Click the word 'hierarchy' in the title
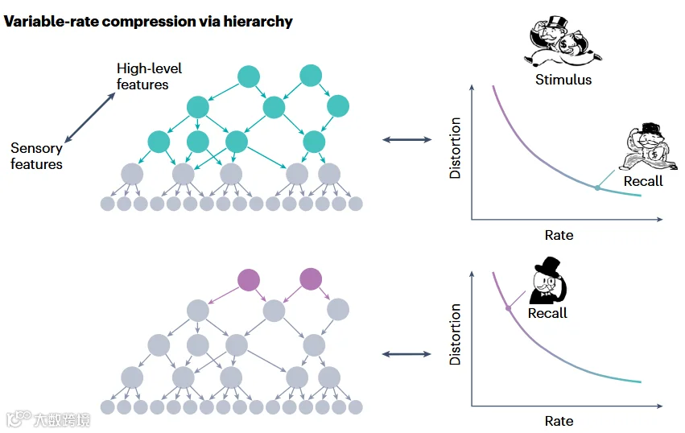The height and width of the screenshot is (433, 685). [x=258, y=22]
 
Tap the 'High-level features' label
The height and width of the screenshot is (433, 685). [x=149, y=76]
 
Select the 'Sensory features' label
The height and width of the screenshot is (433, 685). [x=37, y=156]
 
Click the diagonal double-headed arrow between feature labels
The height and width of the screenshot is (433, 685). [x=90, y=118]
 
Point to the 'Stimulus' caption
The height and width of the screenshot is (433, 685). [x=563, y=80]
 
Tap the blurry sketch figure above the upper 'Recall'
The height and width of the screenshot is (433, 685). [x=648, y=147]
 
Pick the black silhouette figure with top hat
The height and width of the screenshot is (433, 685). [x=548, y=281]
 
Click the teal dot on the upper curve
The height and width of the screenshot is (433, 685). [x=597, y=188]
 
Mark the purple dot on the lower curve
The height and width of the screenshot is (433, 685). [x=508, y=308]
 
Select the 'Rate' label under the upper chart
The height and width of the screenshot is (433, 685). [x=559, y=235]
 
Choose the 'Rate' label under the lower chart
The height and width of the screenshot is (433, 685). [x=559, y=421]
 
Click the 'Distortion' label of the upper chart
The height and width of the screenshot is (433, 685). [x=456, y=148]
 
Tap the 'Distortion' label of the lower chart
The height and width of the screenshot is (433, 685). [x=456, y=334]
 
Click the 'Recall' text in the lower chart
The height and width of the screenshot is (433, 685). [x=547, y=313]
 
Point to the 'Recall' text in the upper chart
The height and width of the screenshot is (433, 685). [x=643, y=181]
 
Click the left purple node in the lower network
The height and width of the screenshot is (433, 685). [x=249, y=280]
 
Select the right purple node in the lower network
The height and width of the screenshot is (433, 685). [x=311, y=279]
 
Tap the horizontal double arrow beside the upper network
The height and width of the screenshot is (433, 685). [x=406, y=140]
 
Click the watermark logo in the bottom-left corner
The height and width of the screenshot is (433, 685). [x=19, y=419]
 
